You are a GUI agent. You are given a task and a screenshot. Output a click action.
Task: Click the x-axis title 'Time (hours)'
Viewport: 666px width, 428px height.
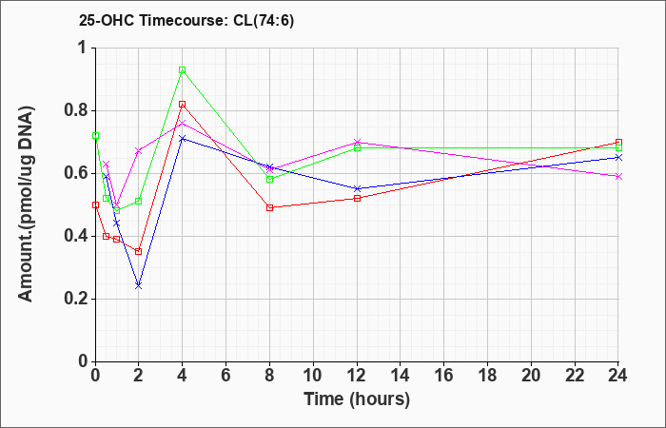[357, 399]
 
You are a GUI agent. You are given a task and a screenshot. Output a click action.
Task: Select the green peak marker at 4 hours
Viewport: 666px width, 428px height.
[182, 69]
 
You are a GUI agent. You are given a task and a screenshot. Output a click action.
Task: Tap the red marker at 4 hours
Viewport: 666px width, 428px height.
[182, 104]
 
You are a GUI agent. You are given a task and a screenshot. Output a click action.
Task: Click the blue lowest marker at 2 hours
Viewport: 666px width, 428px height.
[138, 285]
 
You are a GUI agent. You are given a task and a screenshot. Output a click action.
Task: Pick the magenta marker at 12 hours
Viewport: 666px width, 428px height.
[357, 142]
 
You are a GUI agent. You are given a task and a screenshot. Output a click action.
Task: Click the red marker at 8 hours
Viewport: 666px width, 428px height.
[269, 207]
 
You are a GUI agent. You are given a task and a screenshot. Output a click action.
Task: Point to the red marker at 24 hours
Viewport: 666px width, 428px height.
[618, 142]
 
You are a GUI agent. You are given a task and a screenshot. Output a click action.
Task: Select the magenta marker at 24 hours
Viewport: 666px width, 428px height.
[618, 176]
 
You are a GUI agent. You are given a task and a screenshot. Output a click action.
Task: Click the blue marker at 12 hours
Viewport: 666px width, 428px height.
[357, 188]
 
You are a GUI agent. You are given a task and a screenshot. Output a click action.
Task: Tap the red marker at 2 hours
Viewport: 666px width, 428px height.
[138, 251]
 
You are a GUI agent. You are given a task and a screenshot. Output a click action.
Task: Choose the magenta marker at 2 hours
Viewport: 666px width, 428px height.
[138, 151]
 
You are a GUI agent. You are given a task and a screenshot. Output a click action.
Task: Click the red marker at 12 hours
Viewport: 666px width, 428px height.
[357, 198]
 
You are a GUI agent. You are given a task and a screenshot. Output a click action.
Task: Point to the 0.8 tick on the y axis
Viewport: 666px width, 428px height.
[94, 110]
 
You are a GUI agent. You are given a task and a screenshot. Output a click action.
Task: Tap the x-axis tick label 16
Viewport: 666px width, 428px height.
[444, 376]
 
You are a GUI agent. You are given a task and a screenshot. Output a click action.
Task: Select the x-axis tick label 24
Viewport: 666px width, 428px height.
[618, 376]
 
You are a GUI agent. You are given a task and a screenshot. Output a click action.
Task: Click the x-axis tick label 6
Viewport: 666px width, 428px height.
[225, 376]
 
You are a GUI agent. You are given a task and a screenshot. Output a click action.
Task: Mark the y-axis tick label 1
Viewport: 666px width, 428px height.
[81, 48]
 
